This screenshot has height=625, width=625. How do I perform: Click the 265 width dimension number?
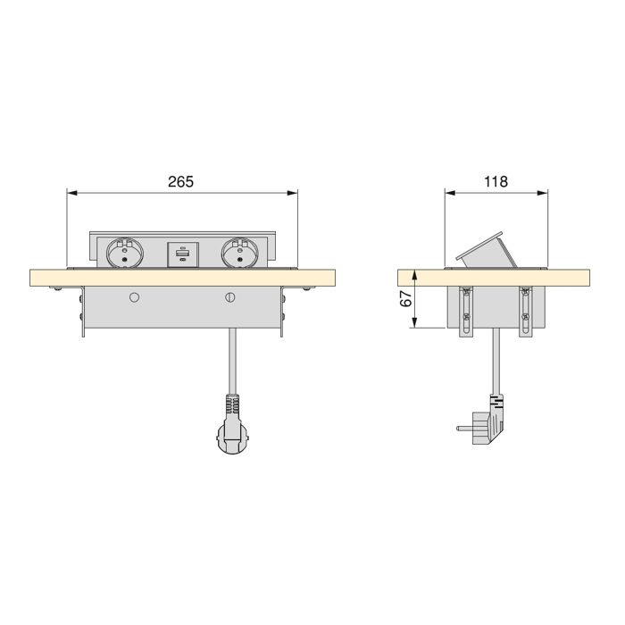(181, 181)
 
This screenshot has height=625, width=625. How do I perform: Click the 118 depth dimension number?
(496, 181)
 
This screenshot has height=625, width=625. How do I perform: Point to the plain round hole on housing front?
(134, 296)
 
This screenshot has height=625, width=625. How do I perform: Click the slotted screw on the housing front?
(230, 296)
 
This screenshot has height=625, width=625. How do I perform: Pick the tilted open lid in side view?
(487, 250)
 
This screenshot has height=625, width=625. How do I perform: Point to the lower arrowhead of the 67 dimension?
(416, 325)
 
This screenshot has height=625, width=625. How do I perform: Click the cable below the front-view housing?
(231, 362)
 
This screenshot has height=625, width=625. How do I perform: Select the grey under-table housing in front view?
(183, 311)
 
